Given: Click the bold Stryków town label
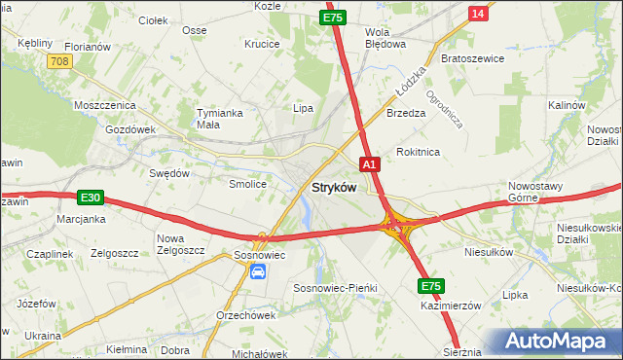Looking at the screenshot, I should [334, 187].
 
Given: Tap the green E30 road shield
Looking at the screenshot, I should [91, 198].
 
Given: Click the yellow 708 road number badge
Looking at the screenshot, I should [59, 61].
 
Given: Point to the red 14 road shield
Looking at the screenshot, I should [477, 13].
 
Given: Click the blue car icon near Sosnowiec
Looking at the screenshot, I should [258, 271].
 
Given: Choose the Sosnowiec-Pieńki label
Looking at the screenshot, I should [335, 289].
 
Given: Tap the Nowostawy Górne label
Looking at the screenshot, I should [537, 191].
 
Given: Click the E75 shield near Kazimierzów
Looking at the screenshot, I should [432, 286].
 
